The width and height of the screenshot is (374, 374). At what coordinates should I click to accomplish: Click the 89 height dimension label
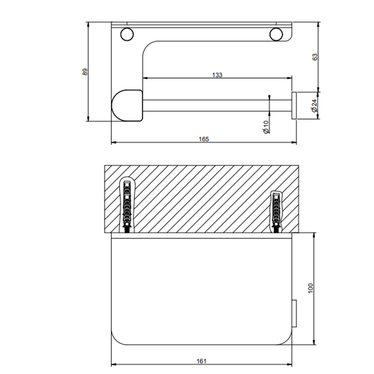pos(85,72)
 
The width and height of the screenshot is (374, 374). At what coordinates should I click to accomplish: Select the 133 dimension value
pos(217,75)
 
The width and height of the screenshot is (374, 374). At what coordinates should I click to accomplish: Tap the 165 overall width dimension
pos(204,139)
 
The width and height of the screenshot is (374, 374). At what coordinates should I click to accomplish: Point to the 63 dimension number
pos(315,57)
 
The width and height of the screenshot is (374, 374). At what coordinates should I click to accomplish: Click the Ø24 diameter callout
pos(314,106)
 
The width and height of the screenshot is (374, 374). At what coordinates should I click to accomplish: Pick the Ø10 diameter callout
pos(266,127)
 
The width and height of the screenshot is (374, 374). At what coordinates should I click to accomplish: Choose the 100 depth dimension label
pos(310,288)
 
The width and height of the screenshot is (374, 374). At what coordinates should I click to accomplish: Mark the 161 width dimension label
pos(201,361)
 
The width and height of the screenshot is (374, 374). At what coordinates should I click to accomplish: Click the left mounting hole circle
pos(127,34)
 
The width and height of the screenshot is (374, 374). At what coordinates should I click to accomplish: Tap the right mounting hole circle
pos(276,34)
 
